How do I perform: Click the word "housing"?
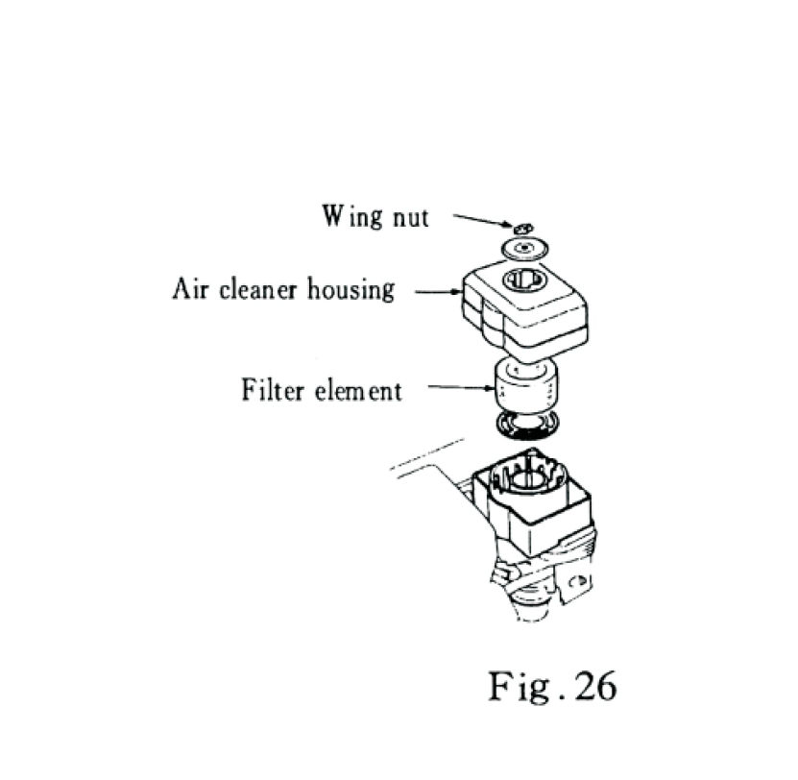[350, 290]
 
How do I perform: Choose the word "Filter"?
[273, 391]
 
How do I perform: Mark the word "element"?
[360, 391]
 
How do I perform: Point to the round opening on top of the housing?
[525, 280]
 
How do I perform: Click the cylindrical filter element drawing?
[524, 388]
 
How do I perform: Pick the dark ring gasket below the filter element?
[526, 425]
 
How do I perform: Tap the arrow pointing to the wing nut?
[480, 222]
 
